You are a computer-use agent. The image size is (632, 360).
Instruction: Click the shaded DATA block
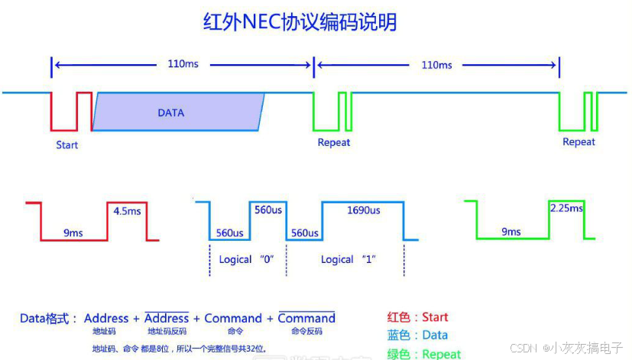click(177, 112)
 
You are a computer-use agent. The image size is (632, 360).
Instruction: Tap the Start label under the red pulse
click(66, 144)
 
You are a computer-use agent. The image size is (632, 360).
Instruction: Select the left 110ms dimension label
click(183, 63)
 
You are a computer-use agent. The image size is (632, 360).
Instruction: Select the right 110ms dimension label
click(436, 64)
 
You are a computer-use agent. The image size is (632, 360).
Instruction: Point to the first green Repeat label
click(334, 142)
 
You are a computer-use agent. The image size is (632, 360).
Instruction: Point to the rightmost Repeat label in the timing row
click(579, 142)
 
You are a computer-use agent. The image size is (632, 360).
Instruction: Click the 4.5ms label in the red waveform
click(128, 210)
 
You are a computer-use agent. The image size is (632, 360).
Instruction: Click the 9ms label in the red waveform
click(73, 232)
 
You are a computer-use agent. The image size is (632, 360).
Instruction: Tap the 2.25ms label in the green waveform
click(566, 209)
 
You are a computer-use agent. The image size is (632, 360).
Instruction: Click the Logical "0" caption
click(245, 259)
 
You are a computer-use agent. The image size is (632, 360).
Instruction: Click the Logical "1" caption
click(348, 259)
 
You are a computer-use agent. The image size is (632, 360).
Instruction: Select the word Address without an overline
click(106, 318)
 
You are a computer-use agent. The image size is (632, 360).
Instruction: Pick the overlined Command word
click(306, 318)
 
